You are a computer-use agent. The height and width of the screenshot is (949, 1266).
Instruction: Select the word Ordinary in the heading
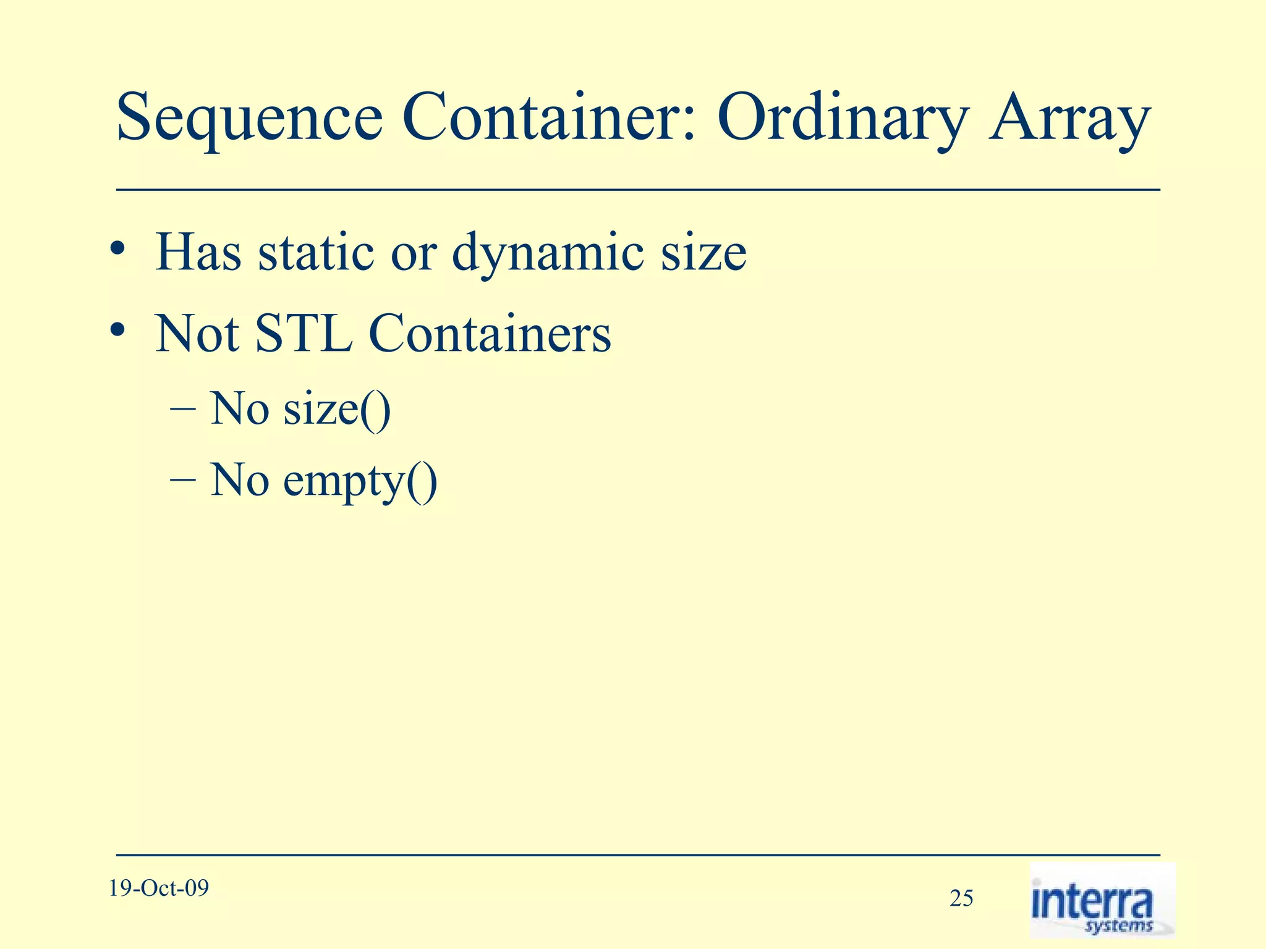[842, 119]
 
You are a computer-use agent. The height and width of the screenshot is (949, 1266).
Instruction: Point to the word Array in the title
[1069, 119]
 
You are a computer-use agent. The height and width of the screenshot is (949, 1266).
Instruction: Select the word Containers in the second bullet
[490, 334]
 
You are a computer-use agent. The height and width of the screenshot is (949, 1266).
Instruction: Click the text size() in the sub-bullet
[337, 410]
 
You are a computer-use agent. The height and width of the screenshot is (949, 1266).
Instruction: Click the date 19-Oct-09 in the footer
[159, 888]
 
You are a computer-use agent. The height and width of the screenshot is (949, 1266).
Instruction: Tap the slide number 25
[961, 898]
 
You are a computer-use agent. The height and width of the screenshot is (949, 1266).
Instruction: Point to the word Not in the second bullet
[198, 334]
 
